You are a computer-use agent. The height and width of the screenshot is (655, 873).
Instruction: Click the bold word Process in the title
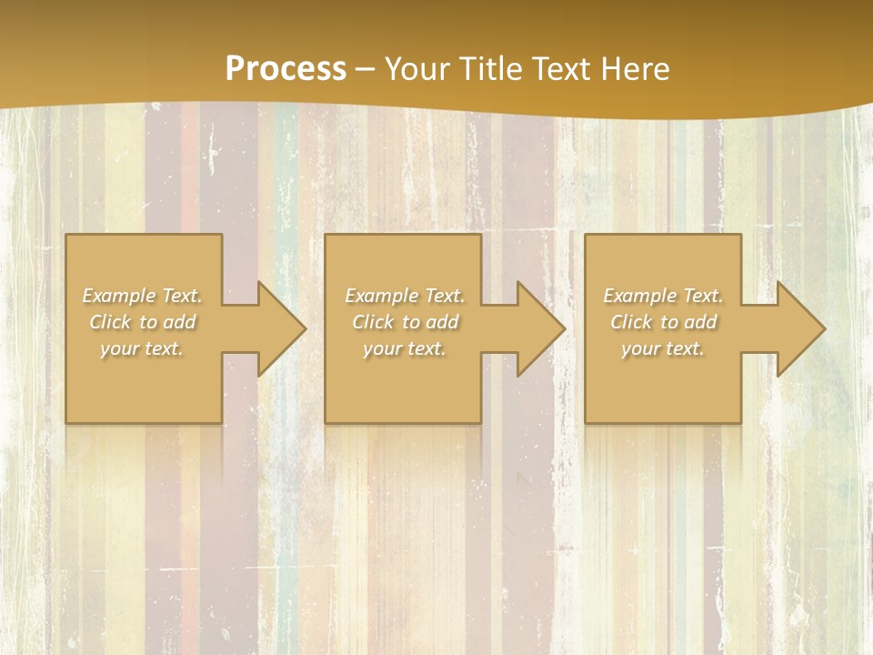(286, 69)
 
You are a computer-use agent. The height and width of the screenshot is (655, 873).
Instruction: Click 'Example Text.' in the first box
(143, 296)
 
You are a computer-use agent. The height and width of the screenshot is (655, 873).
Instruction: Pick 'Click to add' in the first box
(143, 322)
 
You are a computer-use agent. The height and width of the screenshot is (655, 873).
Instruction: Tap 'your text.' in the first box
(143, 348)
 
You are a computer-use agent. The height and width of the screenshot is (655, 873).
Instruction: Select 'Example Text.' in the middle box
(405, 296)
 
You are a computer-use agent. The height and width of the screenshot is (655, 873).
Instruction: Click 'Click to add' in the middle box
(405, 322)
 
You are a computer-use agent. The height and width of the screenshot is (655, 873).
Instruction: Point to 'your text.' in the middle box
(405, 348)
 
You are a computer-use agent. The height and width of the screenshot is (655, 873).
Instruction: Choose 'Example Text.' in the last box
(663, 296)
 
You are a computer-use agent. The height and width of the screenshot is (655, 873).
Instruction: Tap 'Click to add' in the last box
(663, 322)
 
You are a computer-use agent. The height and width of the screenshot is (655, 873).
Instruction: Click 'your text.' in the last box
(663, 348)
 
